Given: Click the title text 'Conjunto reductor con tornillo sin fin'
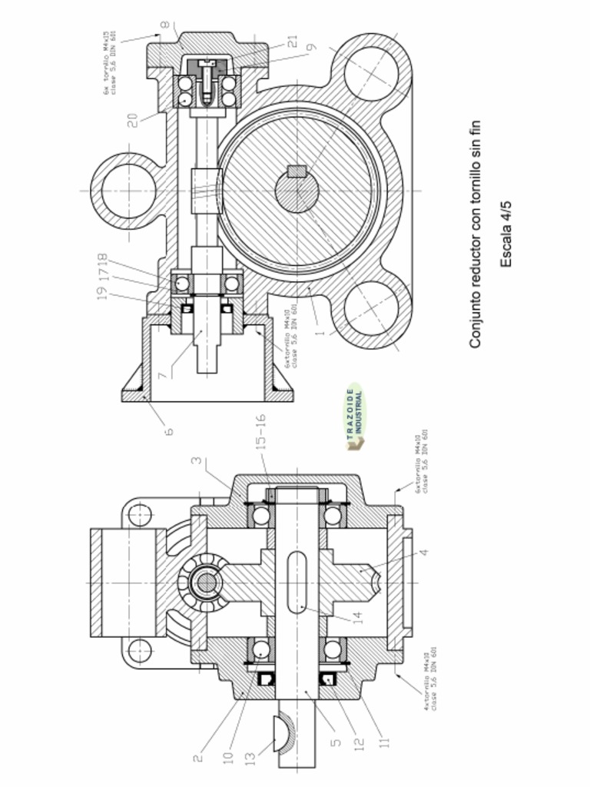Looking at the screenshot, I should pos(476,234).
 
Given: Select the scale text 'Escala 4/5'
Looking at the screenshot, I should pos(506,234).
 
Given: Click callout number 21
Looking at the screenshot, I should pos(293,42).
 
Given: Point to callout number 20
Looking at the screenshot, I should pos(132,119).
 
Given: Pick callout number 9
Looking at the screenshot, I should pos(310,47).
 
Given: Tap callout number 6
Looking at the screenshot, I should pos(168,430).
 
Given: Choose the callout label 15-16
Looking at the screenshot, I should pos(260,432).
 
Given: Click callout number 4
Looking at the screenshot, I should pos(423,552).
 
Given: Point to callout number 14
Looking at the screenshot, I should pos(357,617).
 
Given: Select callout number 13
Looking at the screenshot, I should pos(250,758).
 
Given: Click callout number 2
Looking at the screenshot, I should pos(197,758).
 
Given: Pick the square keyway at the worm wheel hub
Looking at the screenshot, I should pos(297,171).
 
